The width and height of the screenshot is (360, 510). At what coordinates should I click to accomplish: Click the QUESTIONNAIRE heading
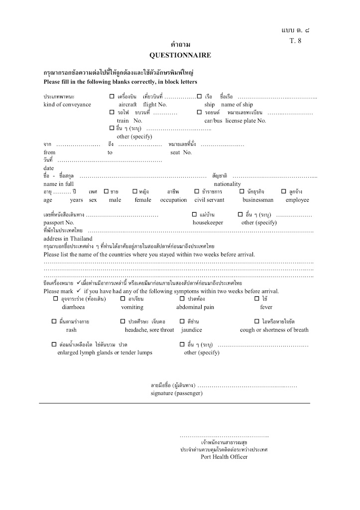pos(180,55)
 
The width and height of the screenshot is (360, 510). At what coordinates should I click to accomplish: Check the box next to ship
pos(199,96)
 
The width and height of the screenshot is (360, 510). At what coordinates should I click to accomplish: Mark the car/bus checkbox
pos(199,113)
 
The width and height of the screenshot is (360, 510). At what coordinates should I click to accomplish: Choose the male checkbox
pos(106,191)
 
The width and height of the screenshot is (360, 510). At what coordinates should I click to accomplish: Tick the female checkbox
pos(135,191)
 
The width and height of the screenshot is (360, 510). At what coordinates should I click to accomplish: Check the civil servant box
pos(198,191)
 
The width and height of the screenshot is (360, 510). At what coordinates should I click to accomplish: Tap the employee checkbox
pos(284,191)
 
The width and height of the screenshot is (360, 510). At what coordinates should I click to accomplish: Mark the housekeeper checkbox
pos(195,214)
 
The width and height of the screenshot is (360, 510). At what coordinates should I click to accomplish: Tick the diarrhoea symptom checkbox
pos(56,299)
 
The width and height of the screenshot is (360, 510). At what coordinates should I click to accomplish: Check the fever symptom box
pos(257,299)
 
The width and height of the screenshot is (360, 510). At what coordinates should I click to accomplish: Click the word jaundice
pos(192,330)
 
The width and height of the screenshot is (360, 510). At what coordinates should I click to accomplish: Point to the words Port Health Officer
pos(224,457)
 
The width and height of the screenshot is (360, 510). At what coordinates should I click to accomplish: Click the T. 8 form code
pos(295,41)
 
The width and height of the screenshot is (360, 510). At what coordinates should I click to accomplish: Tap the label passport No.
pos(59,223)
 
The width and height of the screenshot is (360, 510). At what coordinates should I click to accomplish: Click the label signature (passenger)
pos(176,393)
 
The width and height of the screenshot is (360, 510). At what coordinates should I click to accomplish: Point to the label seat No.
pos(181,152)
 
